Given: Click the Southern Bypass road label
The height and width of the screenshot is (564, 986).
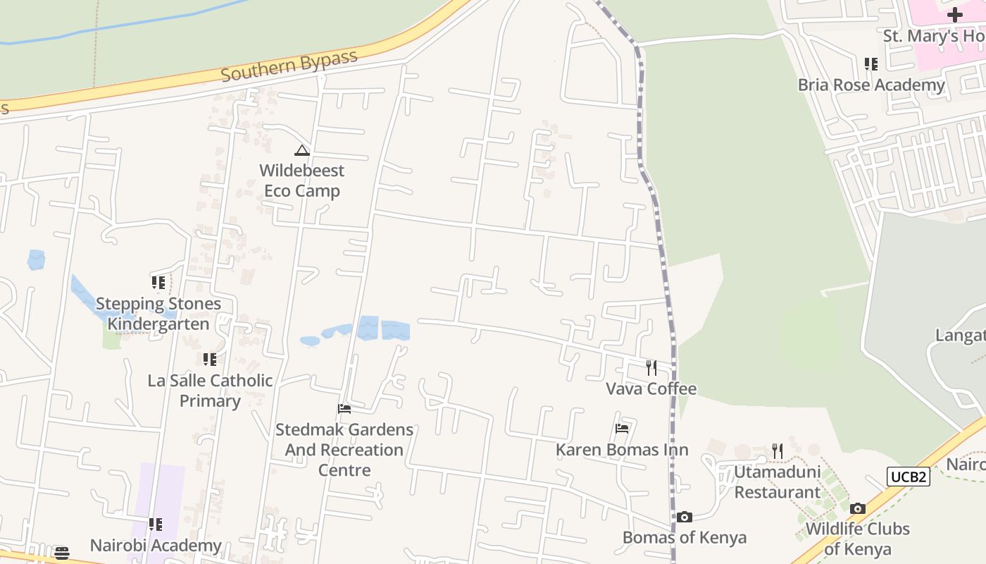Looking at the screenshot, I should pos(289,66).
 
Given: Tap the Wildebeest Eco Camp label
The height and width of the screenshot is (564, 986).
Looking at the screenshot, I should pos(302,180).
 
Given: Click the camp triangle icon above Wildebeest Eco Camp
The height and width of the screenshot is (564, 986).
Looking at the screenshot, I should pos(302,150).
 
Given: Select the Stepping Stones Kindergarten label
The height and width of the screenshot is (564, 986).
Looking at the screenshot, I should pos(158,314).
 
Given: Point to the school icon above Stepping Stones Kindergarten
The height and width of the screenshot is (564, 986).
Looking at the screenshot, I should pos(158,283).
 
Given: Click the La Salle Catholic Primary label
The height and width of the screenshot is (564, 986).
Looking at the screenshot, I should pos(210,391).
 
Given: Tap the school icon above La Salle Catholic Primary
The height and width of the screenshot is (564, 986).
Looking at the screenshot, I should pos(210,360).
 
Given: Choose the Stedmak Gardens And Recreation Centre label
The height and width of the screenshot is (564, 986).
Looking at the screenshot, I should pos(344,449).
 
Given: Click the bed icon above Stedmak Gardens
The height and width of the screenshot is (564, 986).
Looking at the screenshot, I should pos(344,409).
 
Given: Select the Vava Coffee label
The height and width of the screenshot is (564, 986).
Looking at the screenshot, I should pos(651,388).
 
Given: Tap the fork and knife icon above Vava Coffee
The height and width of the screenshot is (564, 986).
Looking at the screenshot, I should pos(651,367).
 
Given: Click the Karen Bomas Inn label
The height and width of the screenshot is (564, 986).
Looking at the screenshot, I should pos(622,450).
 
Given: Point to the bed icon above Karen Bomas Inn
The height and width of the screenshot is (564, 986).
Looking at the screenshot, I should pos(622,428).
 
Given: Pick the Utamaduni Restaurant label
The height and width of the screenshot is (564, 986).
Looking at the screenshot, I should pos(778,482).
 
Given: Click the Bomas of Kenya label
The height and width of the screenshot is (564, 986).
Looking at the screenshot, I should pos(685,538).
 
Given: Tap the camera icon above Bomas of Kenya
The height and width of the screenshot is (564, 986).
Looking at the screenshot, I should pos(685,517).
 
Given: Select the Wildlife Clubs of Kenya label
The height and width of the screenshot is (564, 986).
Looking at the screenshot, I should pos(858,539).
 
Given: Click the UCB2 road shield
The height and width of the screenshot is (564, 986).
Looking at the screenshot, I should pos(909,477).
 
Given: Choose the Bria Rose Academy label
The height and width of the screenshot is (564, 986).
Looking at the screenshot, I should pos(871,85).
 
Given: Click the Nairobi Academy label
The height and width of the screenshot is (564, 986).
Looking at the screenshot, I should pos(156,546).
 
